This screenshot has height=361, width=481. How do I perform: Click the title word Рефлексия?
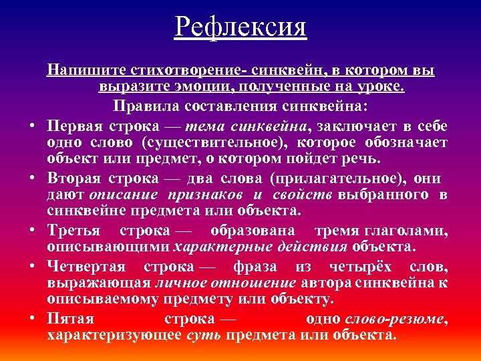[x=240, y=28]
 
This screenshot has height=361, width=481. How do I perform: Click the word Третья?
[x=73, y=231]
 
